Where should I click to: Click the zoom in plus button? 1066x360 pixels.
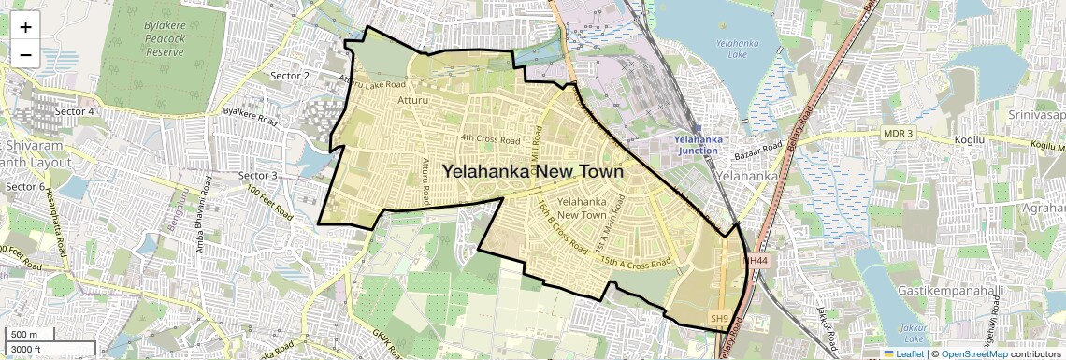tap(25, 26)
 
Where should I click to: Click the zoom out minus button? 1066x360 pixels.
tap(25, 54)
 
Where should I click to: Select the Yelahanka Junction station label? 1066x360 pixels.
tap(697, 145)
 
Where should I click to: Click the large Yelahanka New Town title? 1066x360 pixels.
tap(532, 172)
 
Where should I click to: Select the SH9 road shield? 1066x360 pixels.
tap(718, 319)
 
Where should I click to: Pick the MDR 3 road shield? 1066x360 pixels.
tap(898, 134)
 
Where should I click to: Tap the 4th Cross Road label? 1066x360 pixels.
tap(489, 139)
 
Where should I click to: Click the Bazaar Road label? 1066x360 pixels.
tap(758, 150)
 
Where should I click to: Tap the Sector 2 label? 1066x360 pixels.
tap(289, 75)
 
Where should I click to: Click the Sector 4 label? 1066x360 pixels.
tap(75, 111)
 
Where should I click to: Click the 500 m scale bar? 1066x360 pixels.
tap(37, 335)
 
